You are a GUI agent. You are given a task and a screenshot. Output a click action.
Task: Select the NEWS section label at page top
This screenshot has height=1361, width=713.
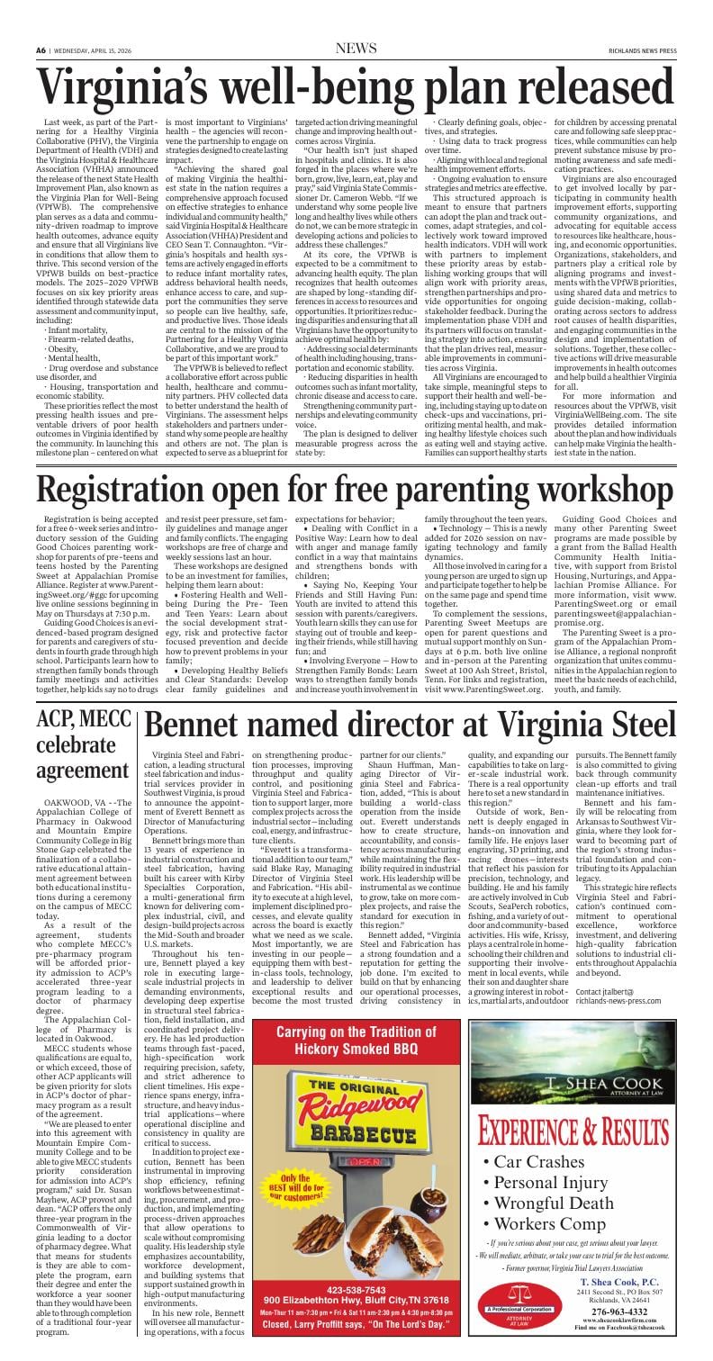[356, 48]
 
